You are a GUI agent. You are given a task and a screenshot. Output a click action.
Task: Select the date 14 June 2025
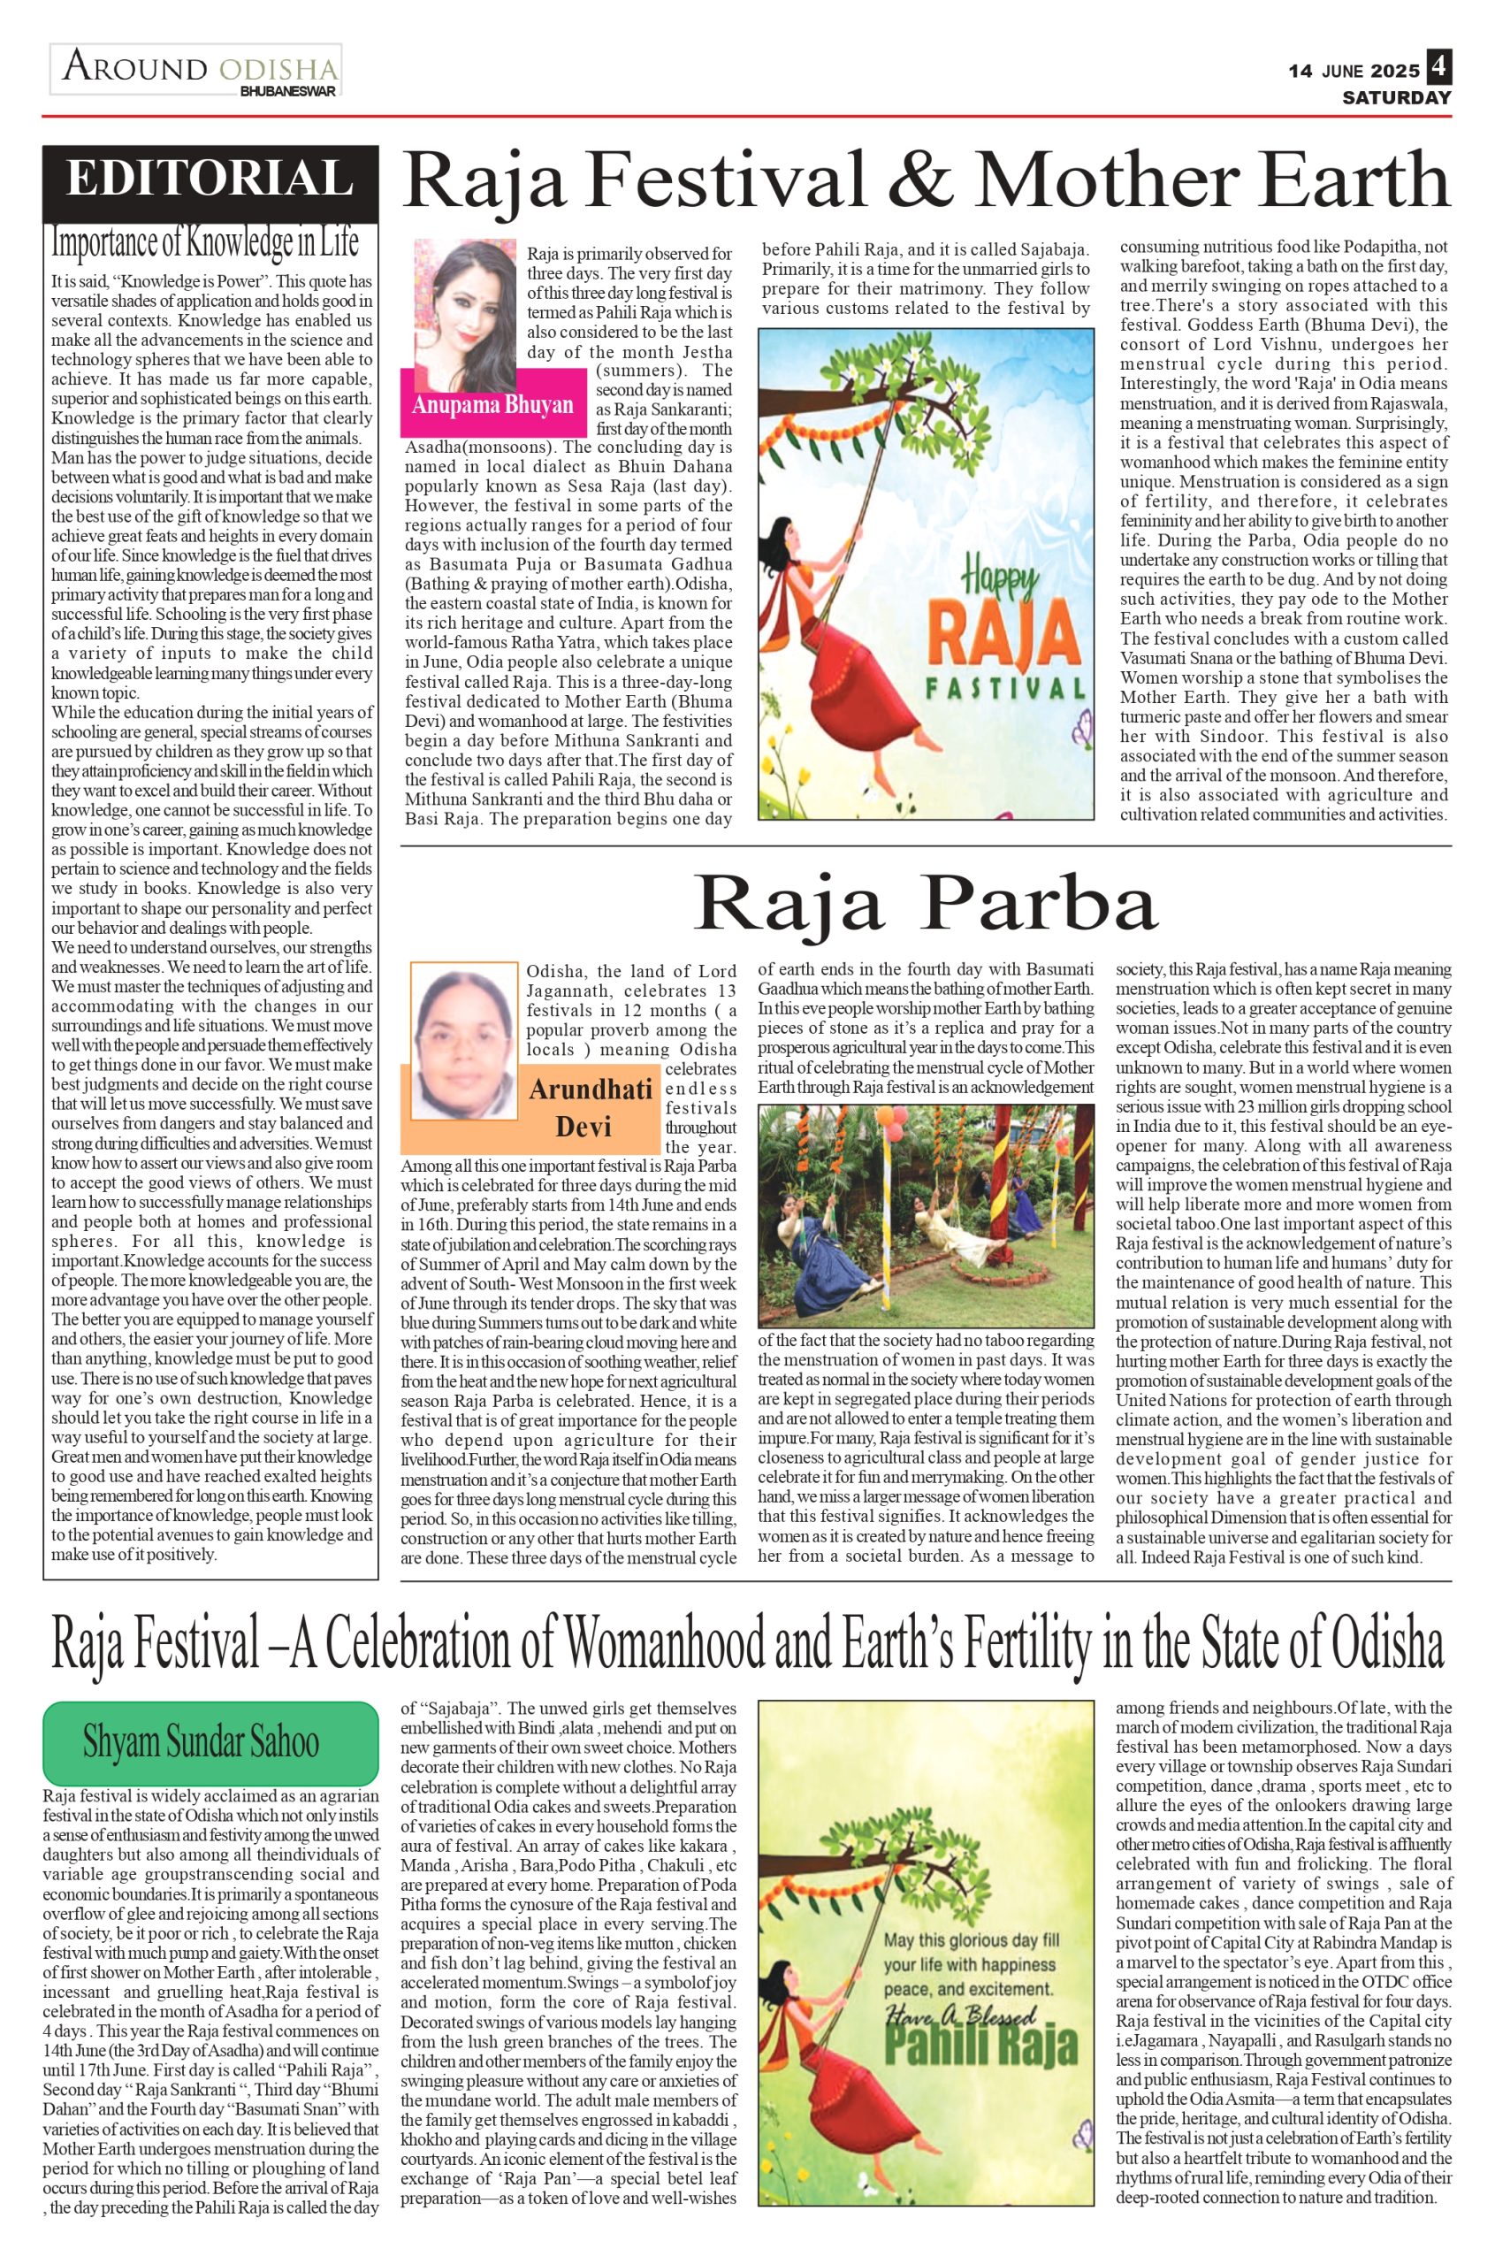click(1353, 72)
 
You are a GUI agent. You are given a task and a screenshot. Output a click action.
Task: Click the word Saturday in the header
click(1396, 97)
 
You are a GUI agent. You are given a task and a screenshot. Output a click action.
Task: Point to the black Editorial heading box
click(210, 180)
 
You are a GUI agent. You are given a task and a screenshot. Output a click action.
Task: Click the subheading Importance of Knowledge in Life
click(205, 243)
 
